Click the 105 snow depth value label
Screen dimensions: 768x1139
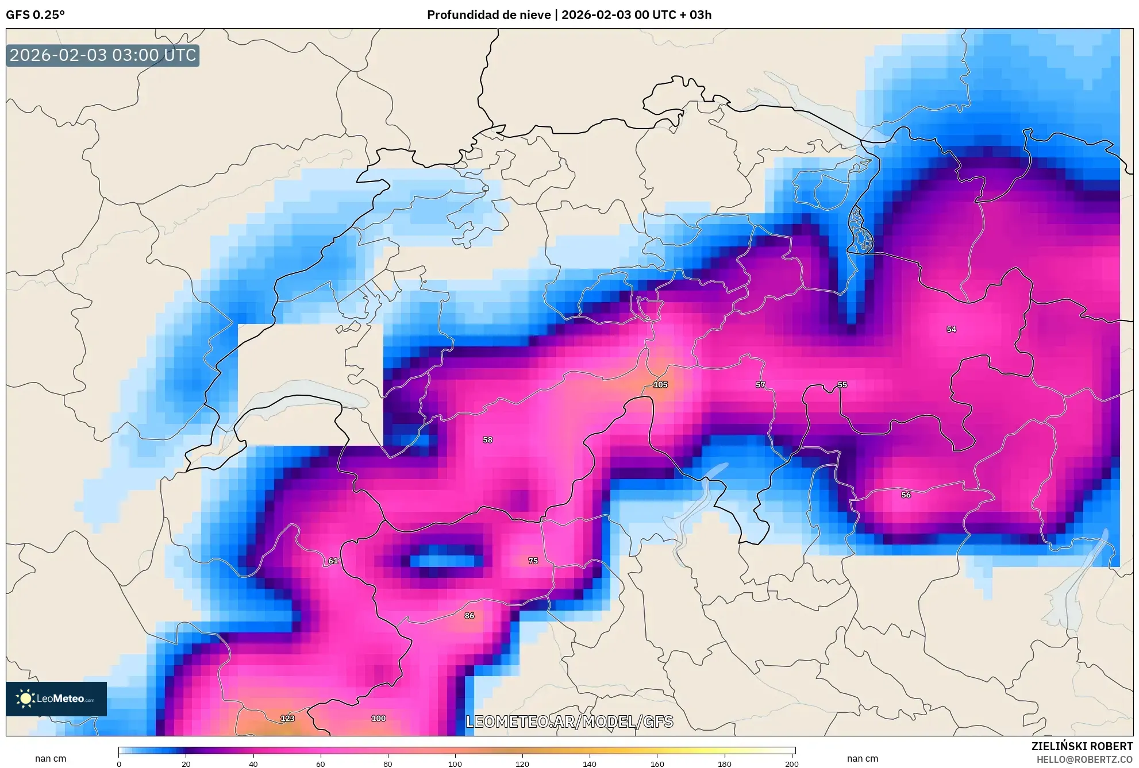click(x=660, y=384)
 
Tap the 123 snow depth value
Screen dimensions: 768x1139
click(x=287, y=718)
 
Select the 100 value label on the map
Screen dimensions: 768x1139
click(x=378, y=718)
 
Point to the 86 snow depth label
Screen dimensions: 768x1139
click(x=470, y=615)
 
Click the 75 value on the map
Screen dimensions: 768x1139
click(x=533, y=561)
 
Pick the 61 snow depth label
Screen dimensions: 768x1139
click(x=333, y=561)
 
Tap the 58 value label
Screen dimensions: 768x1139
click(x=487, y=439)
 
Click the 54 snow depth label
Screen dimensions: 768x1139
click(x=951, y=329)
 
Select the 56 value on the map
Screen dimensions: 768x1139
click(x=906, y=495)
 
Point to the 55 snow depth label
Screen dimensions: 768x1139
click(x=842, y=384)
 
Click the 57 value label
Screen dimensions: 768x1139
click(x=760, y=384)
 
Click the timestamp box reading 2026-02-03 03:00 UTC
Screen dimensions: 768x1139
click(x=103, y=55)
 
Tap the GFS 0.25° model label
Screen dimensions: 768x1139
click(x=36, y=15)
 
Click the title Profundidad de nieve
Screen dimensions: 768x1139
click(x=488, y=15)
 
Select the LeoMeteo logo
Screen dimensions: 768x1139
click(x=56, y=698)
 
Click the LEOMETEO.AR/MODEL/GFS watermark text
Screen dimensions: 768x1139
click(x=569, y=721)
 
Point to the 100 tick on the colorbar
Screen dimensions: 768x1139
click(x=455, y=763)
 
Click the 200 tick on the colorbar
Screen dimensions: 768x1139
click(x=792, y=763)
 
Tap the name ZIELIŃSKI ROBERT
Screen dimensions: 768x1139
click(x=1082, y=746)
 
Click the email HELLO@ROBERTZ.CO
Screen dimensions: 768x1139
click(x=1084, y=759)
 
